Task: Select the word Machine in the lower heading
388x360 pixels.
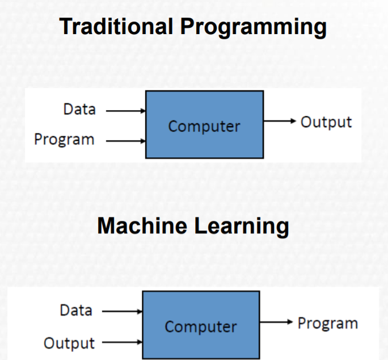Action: click(142, 226)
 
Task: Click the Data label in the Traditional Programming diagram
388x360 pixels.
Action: click(79, 110)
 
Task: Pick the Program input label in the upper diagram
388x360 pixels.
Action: click(64, 139)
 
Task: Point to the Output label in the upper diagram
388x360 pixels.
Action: click(326, 122)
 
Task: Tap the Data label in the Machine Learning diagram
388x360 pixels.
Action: click(76, 310)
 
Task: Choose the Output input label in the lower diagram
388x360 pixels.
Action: click(69, 343)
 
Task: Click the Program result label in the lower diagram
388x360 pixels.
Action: click(328, 323)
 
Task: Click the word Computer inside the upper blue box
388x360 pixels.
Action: click(204, 126)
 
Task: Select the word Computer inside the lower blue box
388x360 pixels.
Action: click(201, 326)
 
